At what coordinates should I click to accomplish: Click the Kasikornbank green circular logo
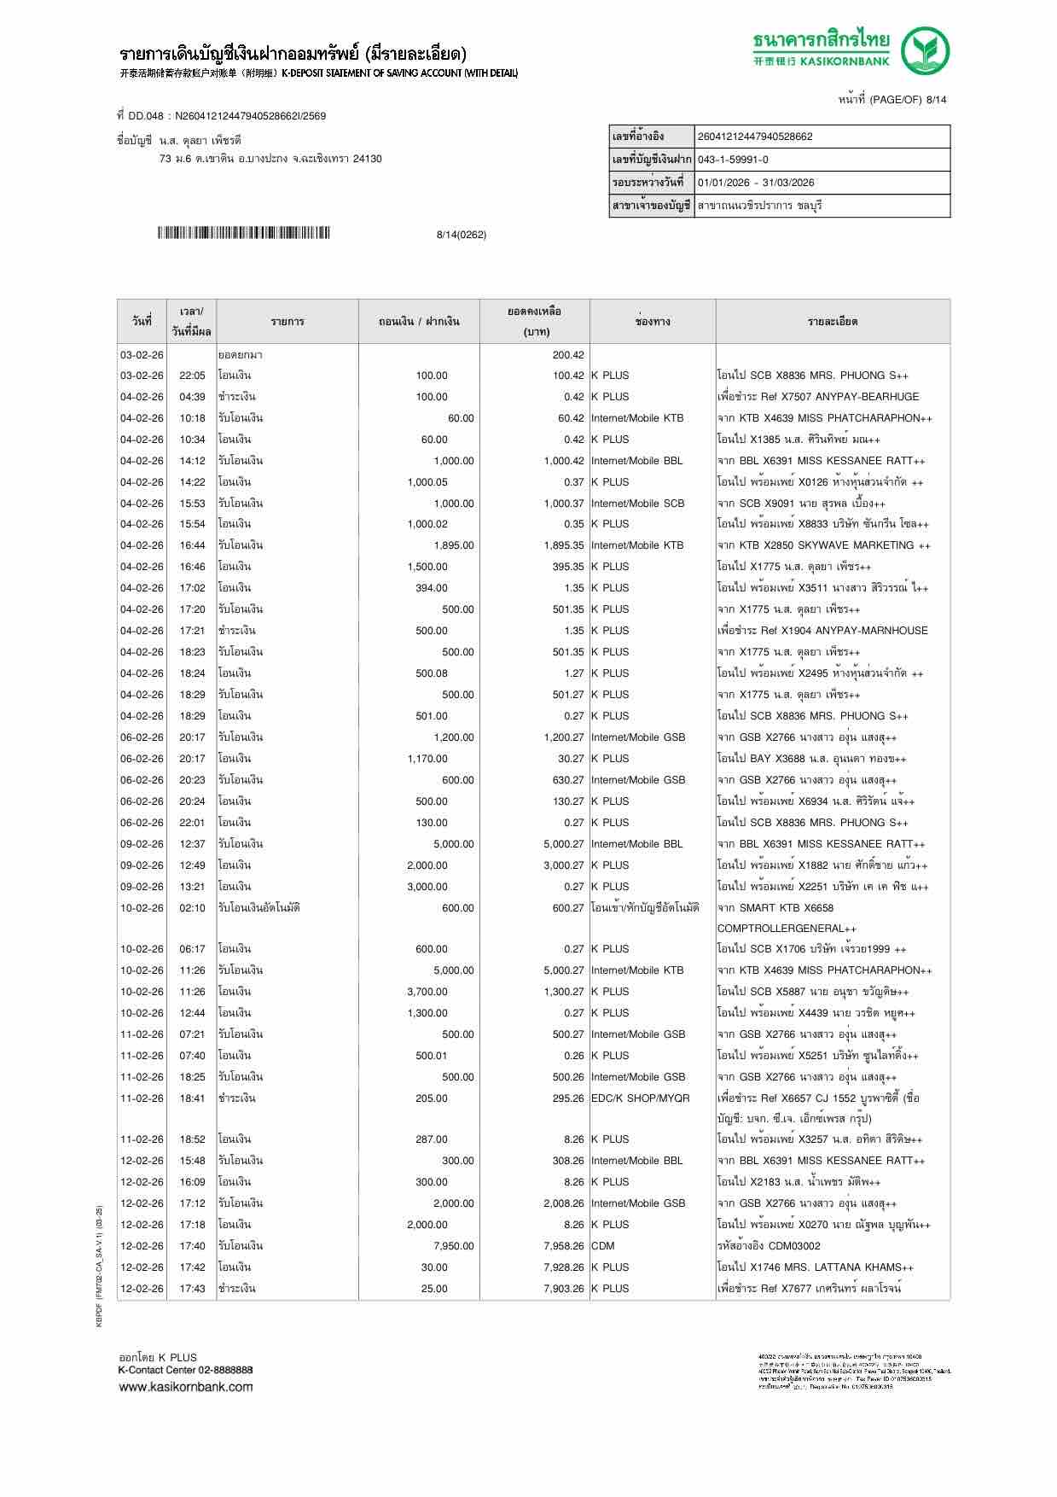(x=926, y=50)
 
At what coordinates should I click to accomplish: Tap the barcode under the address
(x=244, y=233)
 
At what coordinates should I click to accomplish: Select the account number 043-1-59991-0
(x=733, y=160)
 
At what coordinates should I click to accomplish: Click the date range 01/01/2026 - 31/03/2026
(x=756, y=183)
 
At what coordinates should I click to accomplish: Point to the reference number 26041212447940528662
(x=755, y=137)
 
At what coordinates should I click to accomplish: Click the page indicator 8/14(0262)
(x=461, y=235)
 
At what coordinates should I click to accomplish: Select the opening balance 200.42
(x=568, y=355)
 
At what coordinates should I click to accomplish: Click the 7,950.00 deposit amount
(x=453, y=1246)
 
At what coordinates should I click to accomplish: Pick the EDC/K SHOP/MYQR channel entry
(x=640, y=1098)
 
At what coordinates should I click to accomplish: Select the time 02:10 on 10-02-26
(x=192, y=908)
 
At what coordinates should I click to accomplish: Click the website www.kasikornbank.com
(x=185, y=1387)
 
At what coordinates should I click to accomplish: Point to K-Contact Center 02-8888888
(x=185, y=1370)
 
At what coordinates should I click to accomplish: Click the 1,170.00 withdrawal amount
(x=427, y=759)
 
